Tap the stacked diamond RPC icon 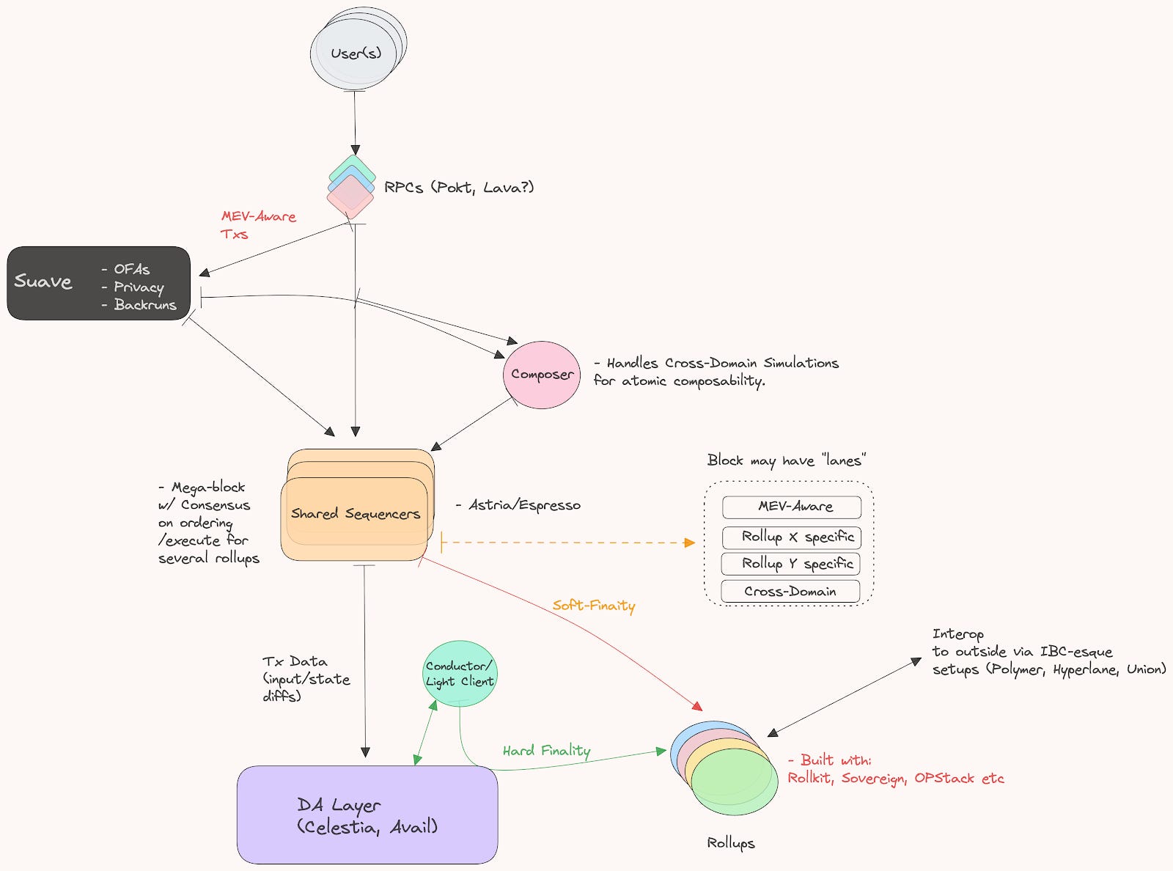(350, 188)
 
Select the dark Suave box (98, 283)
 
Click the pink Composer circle (542, 375)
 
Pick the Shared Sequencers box (356, 513)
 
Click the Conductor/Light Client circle (460, 674)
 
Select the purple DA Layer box (367, 815)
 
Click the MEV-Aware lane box (791, 507)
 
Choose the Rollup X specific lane (791, 537)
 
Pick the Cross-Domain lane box (790, 591)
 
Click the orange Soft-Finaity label (594, 606)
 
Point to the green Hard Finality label (546, 750)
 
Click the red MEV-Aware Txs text (258, 225)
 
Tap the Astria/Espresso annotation (524, 505)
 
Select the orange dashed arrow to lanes (568, 543)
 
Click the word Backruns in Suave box (145, 305)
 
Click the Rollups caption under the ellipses (730, 843)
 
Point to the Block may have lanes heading (786, 460)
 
